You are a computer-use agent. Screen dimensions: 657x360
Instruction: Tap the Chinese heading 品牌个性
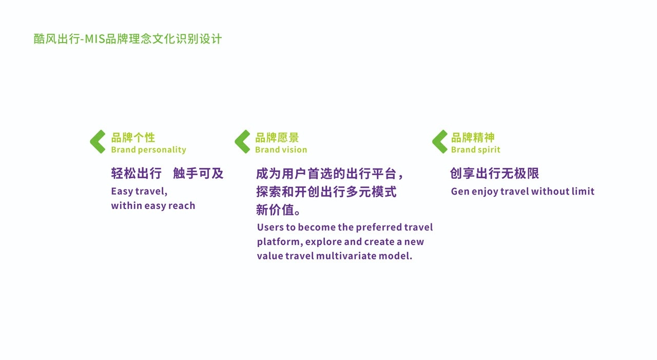[133, 138]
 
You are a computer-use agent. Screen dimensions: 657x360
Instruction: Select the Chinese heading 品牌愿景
[277, 138]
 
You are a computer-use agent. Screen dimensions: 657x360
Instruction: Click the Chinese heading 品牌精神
[473, 138]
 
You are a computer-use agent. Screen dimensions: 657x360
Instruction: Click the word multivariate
[346, 256]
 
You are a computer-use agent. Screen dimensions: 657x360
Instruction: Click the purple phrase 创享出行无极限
[494, 174]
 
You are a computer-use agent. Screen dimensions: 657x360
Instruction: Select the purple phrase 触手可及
[198, 174]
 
